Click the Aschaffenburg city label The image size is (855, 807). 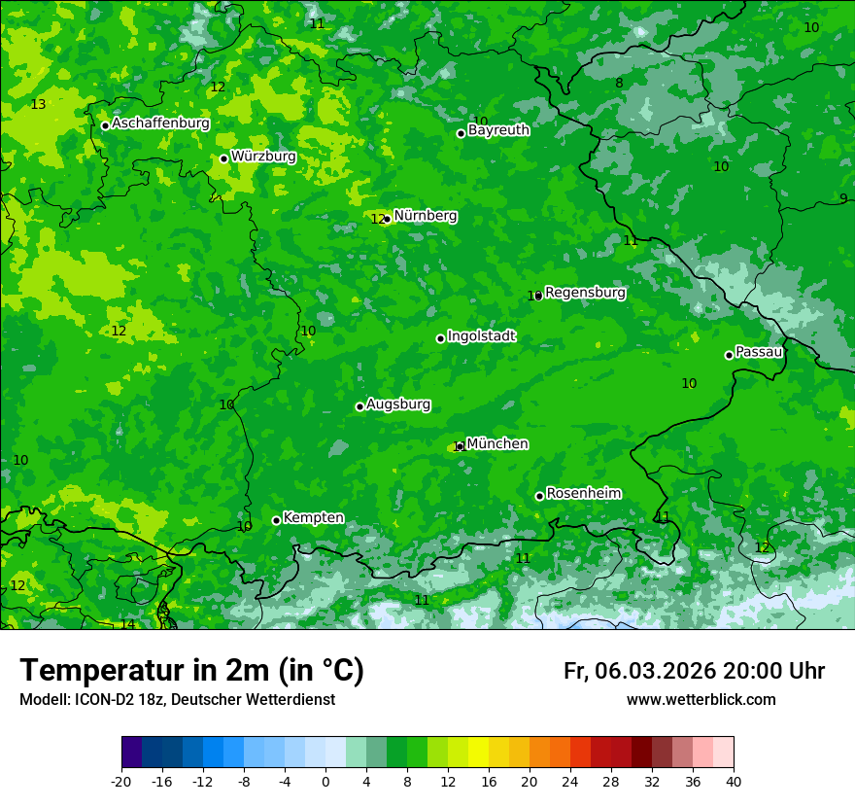point(160,123)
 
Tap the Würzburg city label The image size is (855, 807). point(263,157)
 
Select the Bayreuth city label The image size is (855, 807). point(498,129)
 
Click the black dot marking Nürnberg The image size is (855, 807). point(387,219)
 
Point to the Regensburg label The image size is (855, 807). point(585,292)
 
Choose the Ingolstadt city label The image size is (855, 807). point(481,336)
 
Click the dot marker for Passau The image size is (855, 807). point(729,355)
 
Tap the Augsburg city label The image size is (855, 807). point(398,403)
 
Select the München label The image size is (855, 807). point(497,443)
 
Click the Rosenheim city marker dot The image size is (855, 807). point(539,496)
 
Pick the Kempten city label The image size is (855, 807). point(313,517)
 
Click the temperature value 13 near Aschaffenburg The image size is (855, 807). point(38,104)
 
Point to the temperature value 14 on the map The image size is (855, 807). point(127,624)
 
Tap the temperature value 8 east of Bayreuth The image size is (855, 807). point(619,83)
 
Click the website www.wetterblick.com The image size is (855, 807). point(701,699)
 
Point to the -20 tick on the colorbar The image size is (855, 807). point(121,781)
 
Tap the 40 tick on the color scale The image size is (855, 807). point(734,781)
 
